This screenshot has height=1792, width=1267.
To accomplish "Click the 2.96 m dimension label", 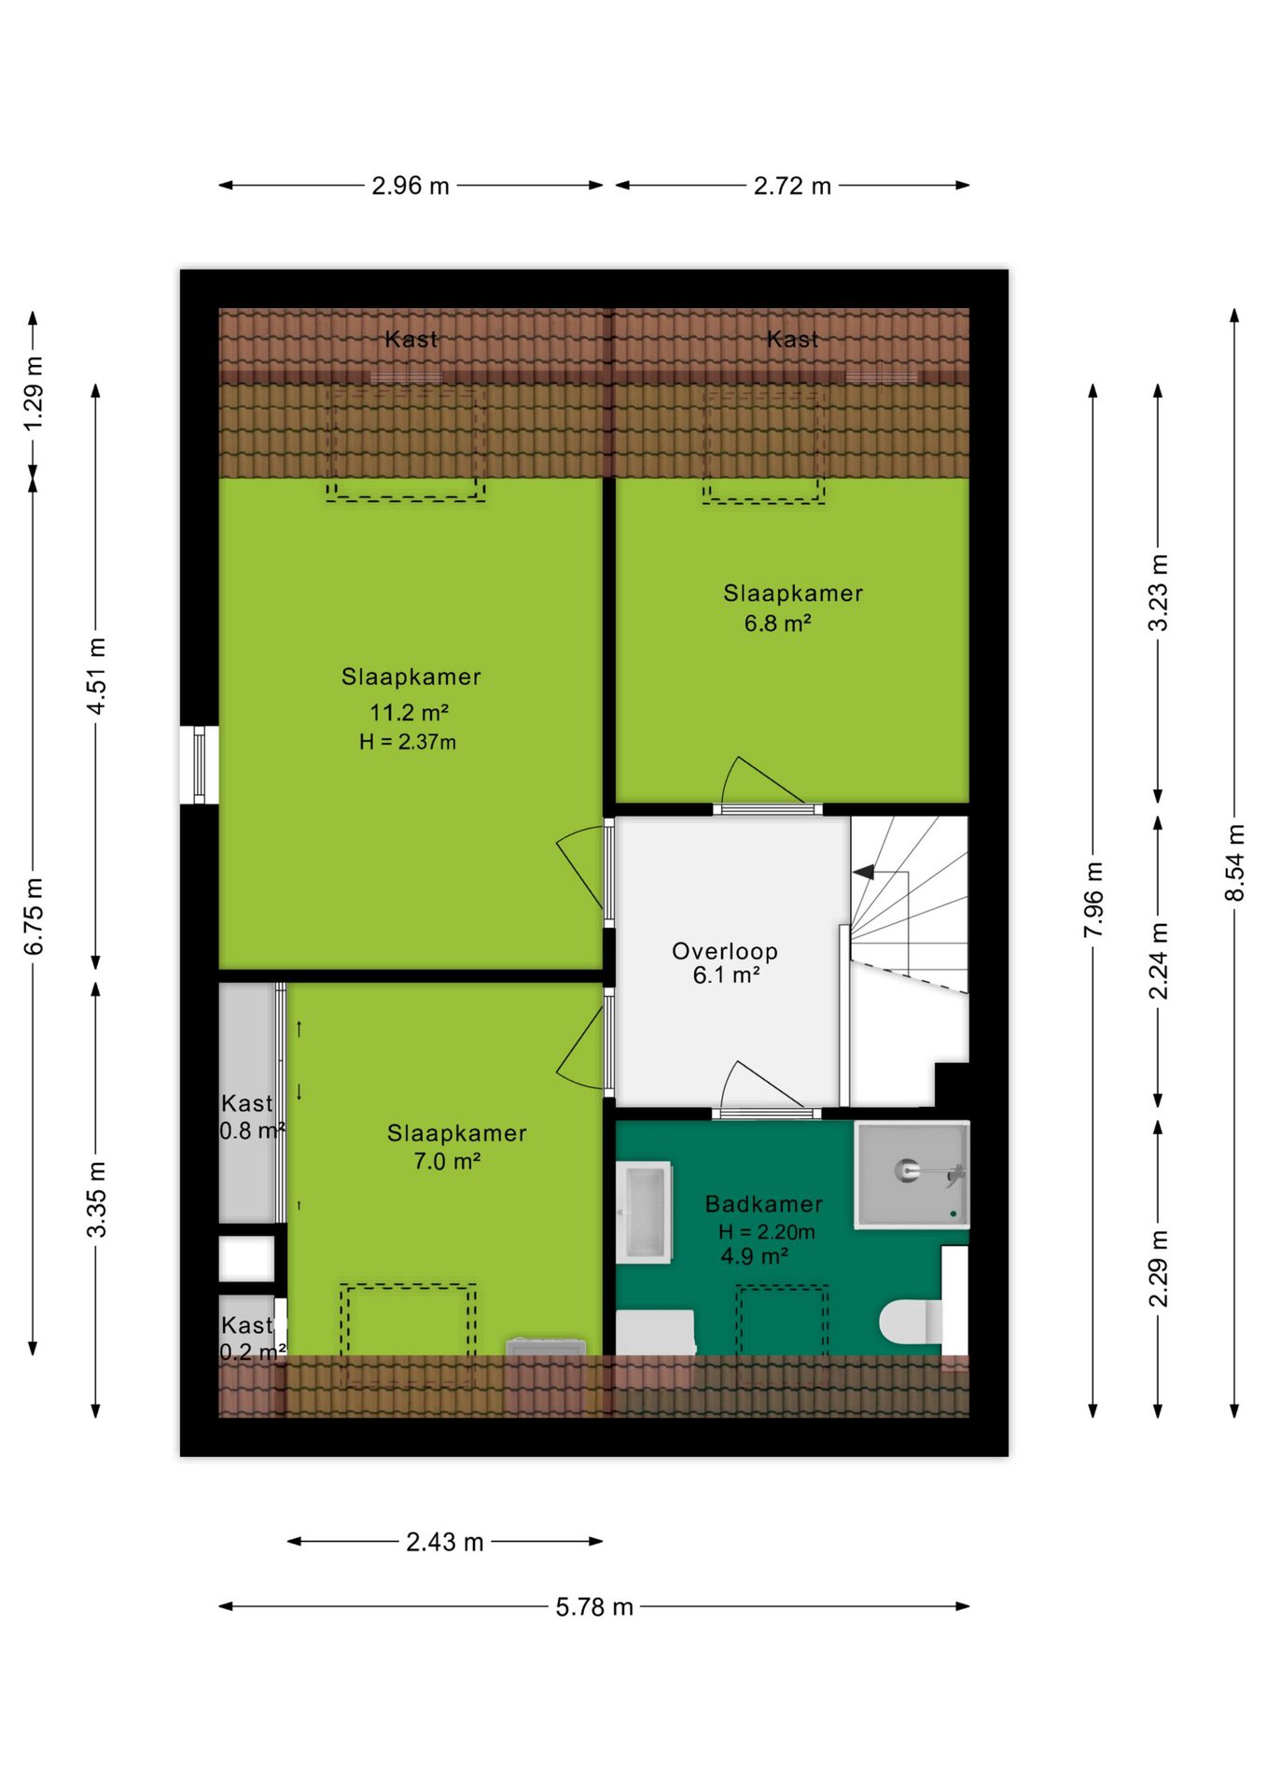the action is pos(411,186).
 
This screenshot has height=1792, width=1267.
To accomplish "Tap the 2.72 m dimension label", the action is pos(792,186).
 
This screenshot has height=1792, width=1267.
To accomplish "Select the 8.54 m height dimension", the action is pos(1234,863).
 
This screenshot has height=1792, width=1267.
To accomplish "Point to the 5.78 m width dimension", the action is pos(594,1606).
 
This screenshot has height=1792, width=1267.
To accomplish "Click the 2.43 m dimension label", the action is pos(445,1542).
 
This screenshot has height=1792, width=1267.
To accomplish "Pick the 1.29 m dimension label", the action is pos(33,394).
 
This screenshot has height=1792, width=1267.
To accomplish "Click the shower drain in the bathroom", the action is pos(907,1169).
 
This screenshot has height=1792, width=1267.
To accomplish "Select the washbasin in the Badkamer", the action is pos(645,1211).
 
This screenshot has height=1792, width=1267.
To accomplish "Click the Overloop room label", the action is pos(725,951).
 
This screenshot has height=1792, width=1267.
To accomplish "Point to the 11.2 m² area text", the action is pos(410,713).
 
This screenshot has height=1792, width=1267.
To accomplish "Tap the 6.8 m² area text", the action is pos(777,623).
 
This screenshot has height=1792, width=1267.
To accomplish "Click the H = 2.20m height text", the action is pos(767,1232).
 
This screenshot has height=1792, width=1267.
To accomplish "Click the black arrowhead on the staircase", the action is pos(864,872).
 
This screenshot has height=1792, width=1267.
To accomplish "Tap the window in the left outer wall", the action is pos(199,764).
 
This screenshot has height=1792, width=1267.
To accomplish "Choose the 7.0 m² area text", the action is pos(447,1162).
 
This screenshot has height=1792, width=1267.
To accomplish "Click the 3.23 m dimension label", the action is pos(1158,593).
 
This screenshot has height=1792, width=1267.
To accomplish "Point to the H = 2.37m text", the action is pos(408,743).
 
